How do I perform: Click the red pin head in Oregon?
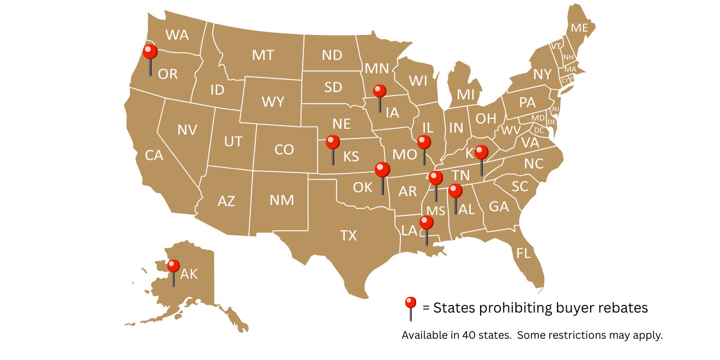(x=150, y=52)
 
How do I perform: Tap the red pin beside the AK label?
(x=173, y=266)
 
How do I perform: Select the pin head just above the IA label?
(x=380, y=91)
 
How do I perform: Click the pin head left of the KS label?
(x=333, y=142)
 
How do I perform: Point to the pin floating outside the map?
(x=410, y=302)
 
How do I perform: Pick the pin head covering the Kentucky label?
(x=481, y=152)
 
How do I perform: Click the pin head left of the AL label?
(x=455, y=190)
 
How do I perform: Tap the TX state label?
(x=348, y=236)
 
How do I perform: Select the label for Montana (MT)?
(x=263, y=55)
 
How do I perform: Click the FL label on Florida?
(x=524, y=253)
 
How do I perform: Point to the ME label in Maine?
(x=579, y=28)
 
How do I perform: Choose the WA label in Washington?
(x=177, y=35)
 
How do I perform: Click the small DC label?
(x=539, y=130)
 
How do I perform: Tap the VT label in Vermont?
(x=556, y=46)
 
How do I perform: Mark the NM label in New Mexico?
(x=282, y=200)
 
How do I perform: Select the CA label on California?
(x=154, y=155)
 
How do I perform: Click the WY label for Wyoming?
(x=273, y=102)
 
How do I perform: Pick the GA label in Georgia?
(x=499, y=206)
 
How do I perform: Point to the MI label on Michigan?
(x=465, y=94)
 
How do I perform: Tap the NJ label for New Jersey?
(x=556, y=109)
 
